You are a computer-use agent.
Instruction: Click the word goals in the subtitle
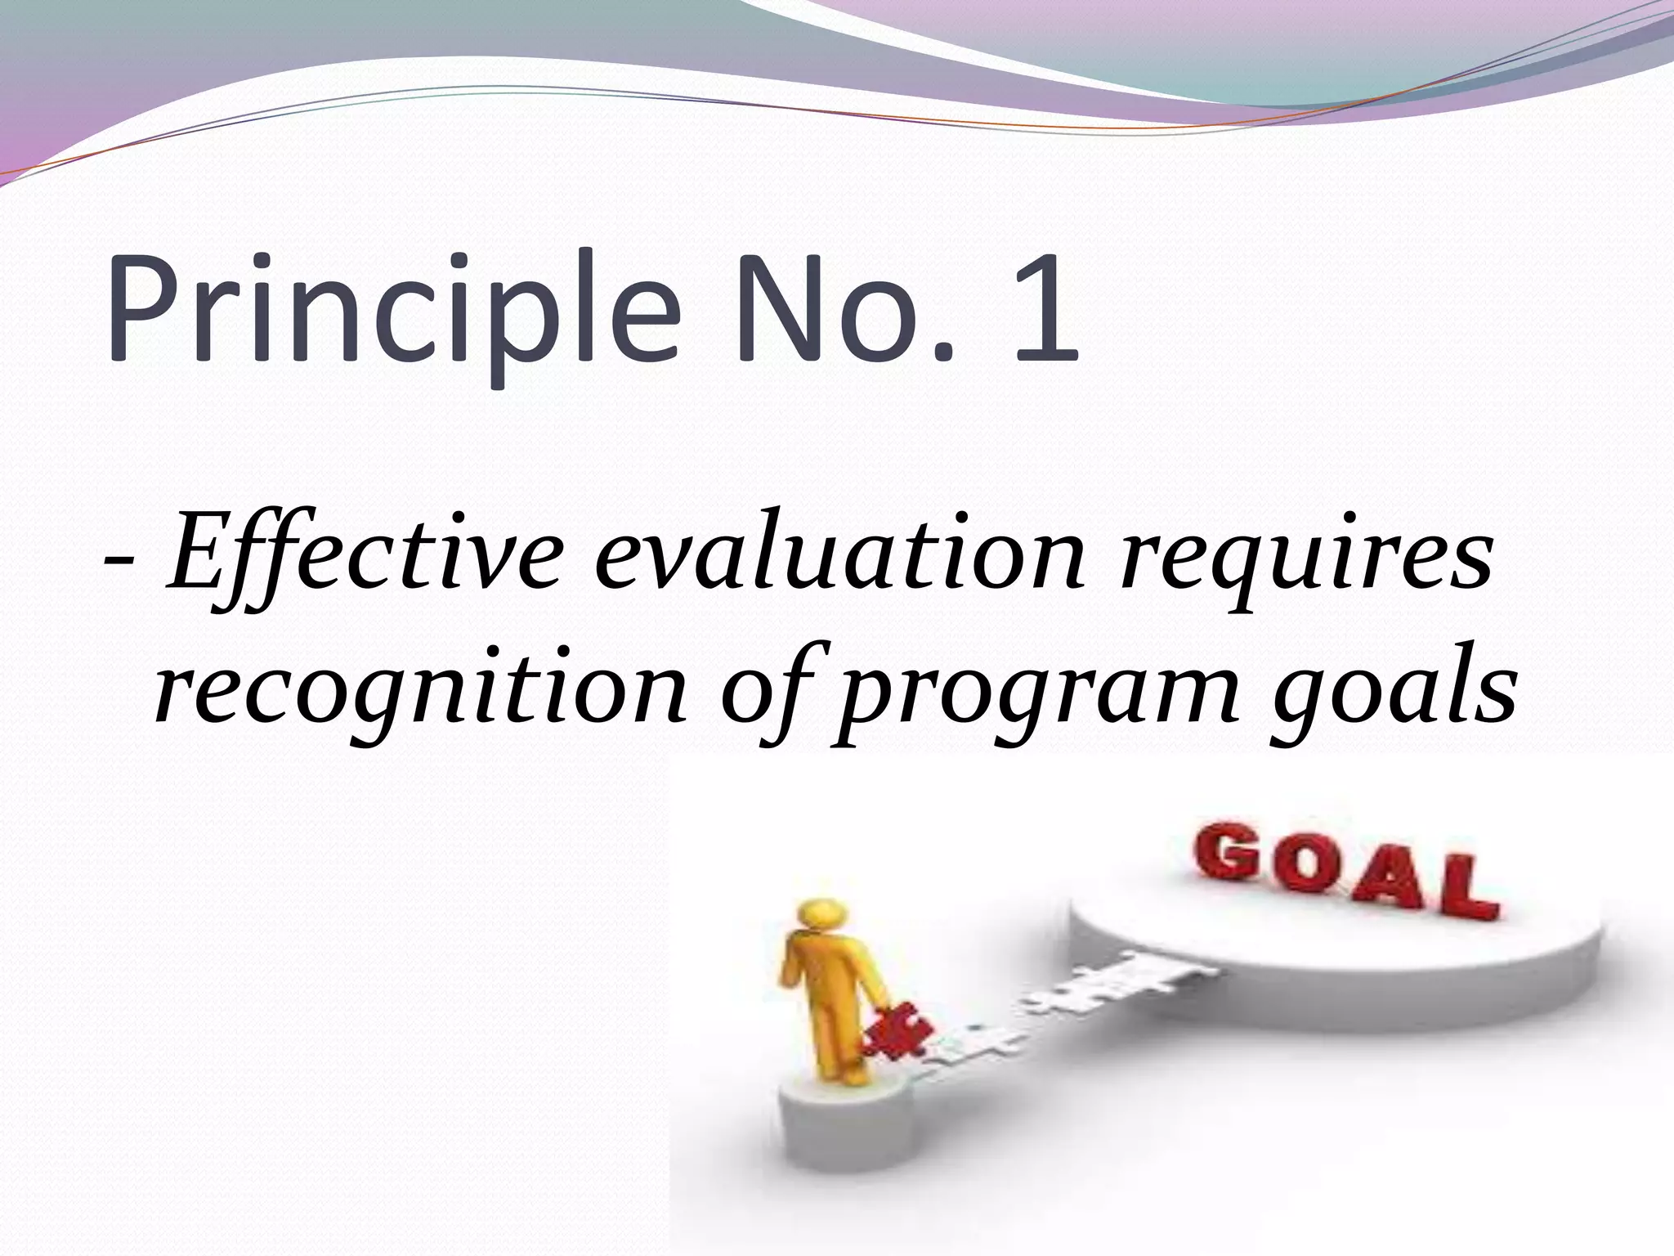click(x=1390, y=695)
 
